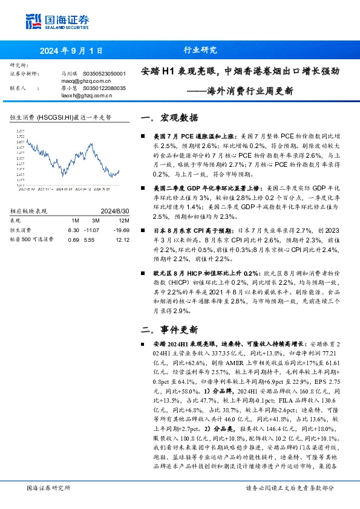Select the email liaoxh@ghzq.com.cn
(x=86, y=95)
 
